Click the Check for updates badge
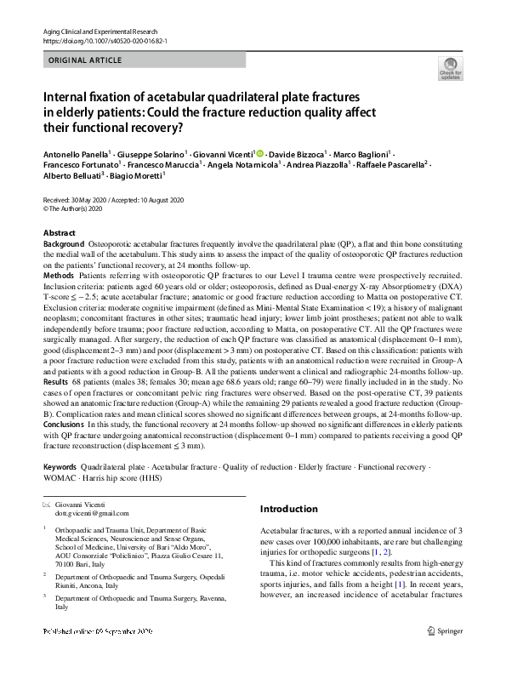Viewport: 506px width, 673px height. (450, 68)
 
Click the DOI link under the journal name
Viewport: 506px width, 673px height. (105, 40)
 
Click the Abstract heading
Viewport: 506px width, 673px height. (59, 233)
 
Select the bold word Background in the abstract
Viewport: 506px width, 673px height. (64, 244)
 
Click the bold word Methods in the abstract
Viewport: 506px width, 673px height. (59, 277)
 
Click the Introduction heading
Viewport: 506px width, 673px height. (288, 510)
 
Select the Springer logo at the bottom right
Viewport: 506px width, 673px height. (444, 656)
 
